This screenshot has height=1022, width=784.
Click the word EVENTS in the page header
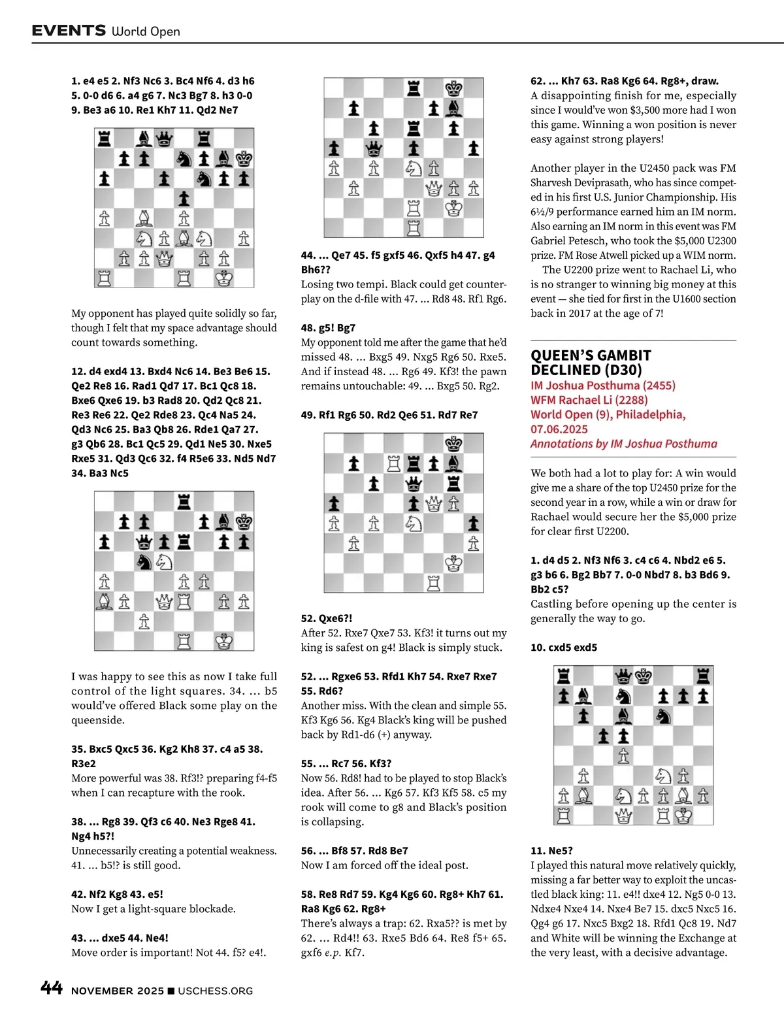69,30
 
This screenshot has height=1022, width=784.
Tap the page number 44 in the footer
52,988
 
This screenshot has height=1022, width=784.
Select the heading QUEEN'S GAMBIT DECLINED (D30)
591,363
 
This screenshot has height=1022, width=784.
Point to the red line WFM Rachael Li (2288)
589,400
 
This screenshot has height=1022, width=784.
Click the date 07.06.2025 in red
559,429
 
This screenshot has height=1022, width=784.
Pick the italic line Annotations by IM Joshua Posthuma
623,444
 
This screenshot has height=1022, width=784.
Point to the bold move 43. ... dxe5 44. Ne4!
120,938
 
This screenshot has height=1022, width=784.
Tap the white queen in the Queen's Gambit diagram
623,816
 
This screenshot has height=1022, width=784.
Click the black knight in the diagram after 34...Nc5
144,561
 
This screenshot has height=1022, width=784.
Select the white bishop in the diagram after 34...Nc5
105,601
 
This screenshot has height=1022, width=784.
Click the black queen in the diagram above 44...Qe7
374,148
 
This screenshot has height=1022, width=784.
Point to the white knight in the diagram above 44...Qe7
414,169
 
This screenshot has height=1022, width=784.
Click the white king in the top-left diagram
224,278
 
